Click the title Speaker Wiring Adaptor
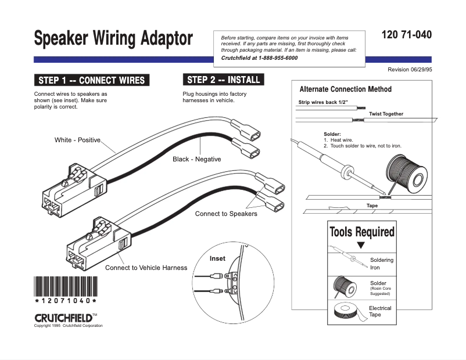click(x=113, y=39)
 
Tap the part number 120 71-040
click(x=407, y=35)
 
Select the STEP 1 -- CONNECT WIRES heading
click(x=91, y=80)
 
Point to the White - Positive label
click(x=77, y=140)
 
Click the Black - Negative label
click(x=196, y=159)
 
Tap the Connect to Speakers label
click(x=226, y=214)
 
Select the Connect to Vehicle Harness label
click(x=146, y=268)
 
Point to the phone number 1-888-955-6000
click(x=277, y=58)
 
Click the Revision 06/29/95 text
click(x=410, y=70)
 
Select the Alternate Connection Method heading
click(x=345, y=89)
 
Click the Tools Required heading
click(x=361, y=232)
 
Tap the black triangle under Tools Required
click(x=361, y=245)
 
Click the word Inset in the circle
click(x=217, y=258)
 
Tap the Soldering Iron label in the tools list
click(x=382, y=264)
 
